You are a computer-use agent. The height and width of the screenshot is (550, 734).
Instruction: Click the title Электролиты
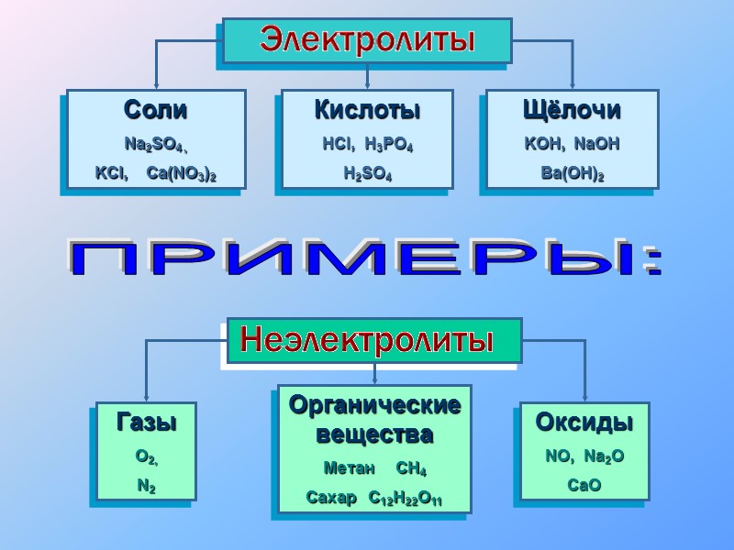367,39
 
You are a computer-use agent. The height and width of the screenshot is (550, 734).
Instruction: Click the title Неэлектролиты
366,341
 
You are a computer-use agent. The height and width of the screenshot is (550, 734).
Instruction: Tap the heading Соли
155,111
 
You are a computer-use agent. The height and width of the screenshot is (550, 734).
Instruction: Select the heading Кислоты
367,111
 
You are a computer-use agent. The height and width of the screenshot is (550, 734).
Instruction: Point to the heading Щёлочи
572,111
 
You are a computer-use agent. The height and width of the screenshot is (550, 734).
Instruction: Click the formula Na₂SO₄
153,145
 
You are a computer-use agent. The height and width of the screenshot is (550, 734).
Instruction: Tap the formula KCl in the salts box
110,172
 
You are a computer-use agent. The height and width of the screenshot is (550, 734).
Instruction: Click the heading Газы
146,423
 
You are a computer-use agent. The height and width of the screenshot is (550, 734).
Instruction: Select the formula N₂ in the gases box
146,487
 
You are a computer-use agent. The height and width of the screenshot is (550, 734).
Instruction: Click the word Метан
350,469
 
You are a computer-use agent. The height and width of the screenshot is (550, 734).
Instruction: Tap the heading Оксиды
584,423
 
